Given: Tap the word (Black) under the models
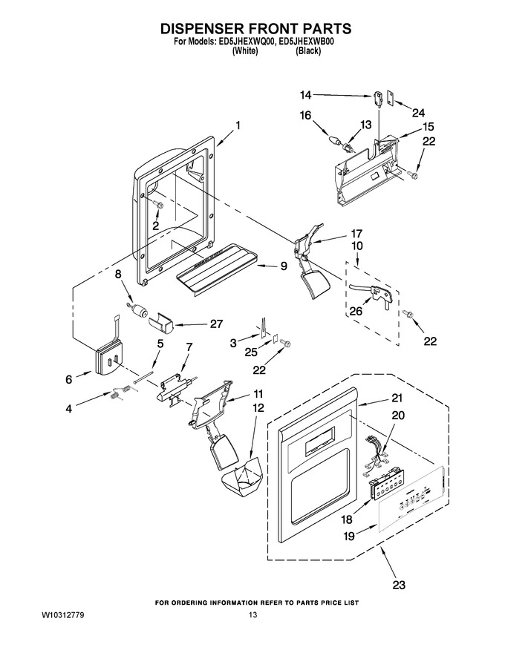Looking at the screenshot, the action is coord(308,50).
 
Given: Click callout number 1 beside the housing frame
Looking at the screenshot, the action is coord(238,125).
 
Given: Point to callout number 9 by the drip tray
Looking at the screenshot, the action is coord(284,266).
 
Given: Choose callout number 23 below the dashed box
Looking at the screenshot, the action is coord(399,585).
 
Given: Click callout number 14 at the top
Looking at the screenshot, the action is coord(305,96).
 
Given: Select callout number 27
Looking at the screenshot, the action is coord(216,324).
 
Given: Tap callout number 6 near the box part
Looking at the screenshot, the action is coord(69,379).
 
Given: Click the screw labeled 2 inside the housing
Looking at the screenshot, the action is coord(158,205).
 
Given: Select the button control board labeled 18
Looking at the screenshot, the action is coord(388,485).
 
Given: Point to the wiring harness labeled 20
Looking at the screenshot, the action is coord(376,455).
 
